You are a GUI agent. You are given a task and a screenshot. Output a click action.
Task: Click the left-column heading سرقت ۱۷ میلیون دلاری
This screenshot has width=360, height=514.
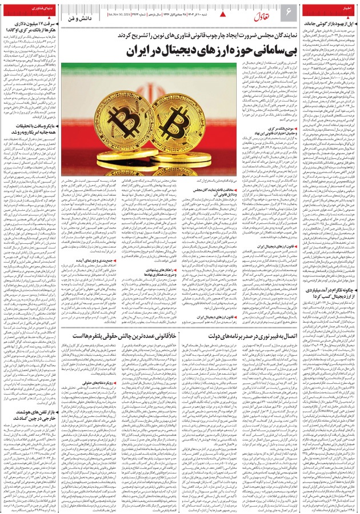pyautogui.click(x=33, y=23)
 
